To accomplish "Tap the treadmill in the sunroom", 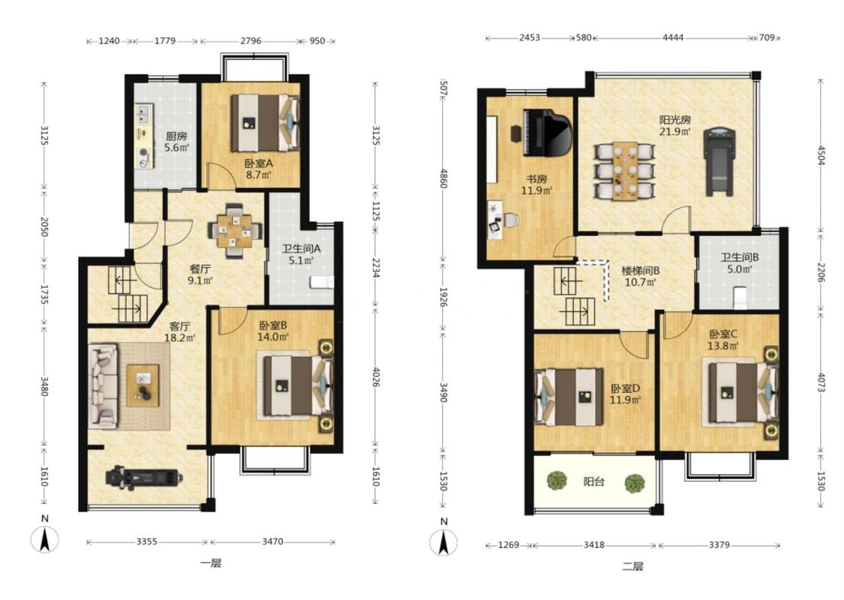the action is click(719, 161).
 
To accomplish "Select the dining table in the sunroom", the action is click(626, 170).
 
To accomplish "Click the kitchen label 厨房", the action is click(176, 136).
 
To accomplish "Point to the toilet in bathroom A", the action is click(322, 282).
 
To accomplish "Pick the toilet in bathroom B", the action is click(740, 298).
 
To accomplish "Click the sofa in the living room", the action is click(103, 385).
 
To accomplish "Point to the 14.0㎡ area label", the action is click(273, 337).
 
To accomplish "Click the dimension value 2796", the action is click(251, 40).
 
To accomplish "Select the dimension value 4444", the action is click(673, 37).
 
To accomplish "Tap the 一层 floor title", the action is click(211, 563).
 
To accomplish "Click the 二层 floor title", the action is click(632, 566).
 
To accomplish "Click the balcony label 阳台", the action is click(593, 481).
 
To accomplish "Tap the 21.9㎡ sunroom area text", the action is click(675, 131).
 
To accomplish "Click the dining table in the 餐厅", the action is click(234, 231).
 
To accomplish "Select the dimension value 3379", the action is click(719, 544).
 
